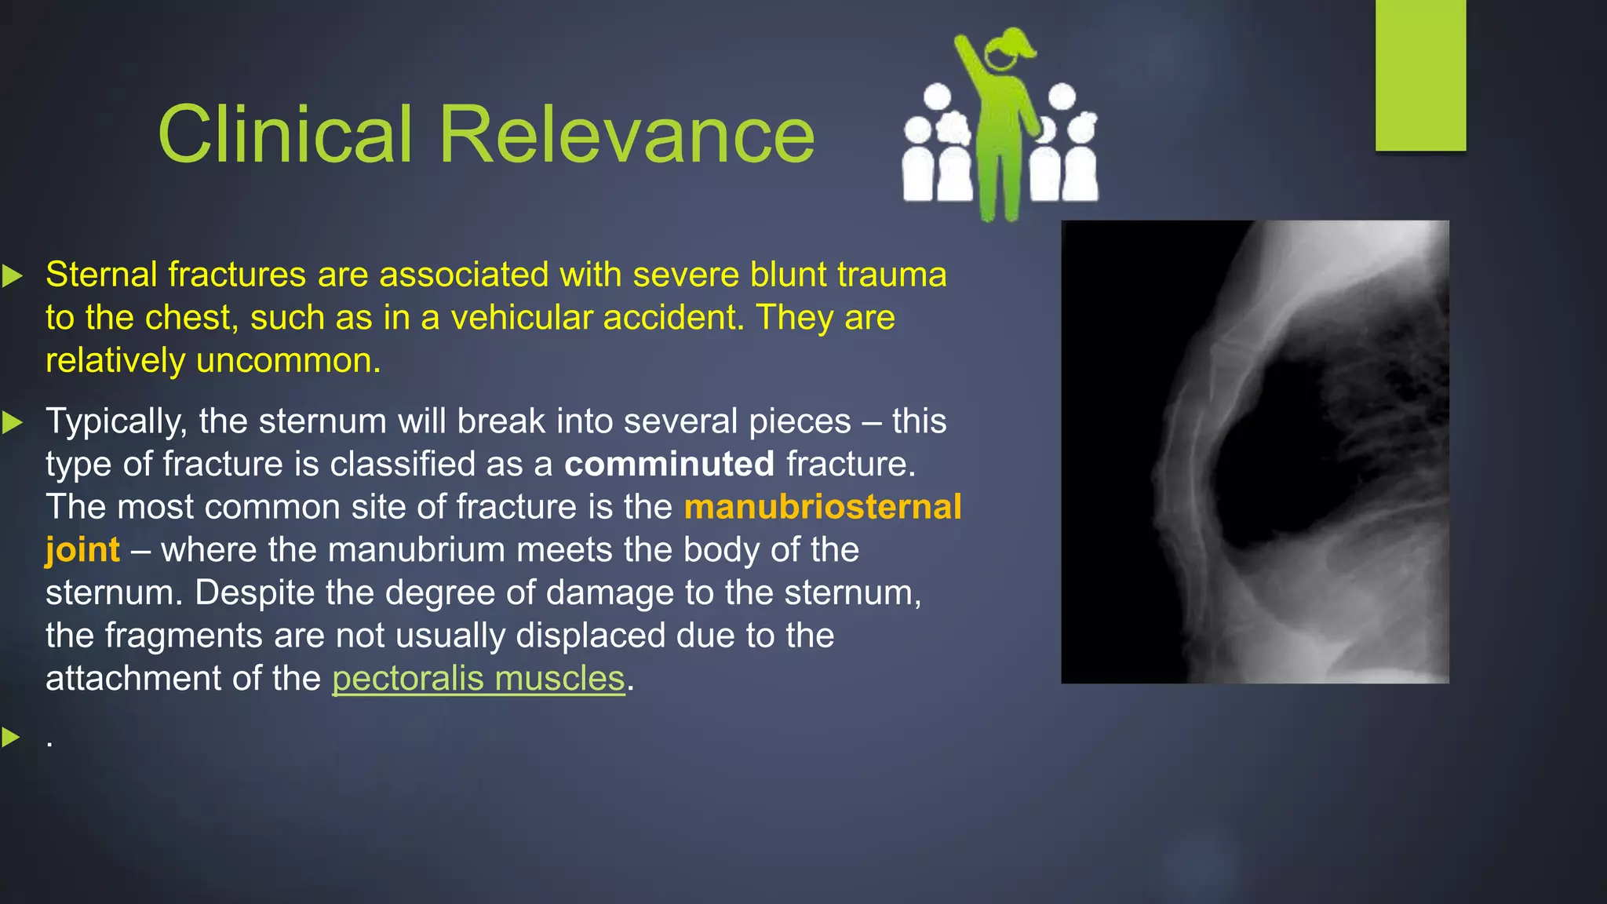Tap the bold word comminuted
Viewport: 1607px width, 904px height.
pos(669,464)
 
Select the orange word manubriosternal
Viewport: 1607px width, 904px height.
pos(822,507)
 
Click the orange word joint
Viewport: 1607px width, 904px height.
pos(82,550)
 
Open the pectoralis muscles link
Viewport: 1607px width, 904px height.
pos(479,679)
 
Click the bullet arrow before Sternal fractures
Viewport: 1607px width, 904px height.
pos(12,275)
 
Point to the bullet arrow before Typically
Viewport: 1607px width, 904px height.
pos(12,422)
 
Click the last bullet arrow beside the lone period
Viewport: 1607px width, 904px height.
pos(12,737)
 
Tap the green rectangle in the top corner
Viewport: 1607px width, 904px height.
pos(1420,75)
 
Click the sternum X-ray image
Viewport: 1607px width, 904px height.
pos(1254,451)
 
